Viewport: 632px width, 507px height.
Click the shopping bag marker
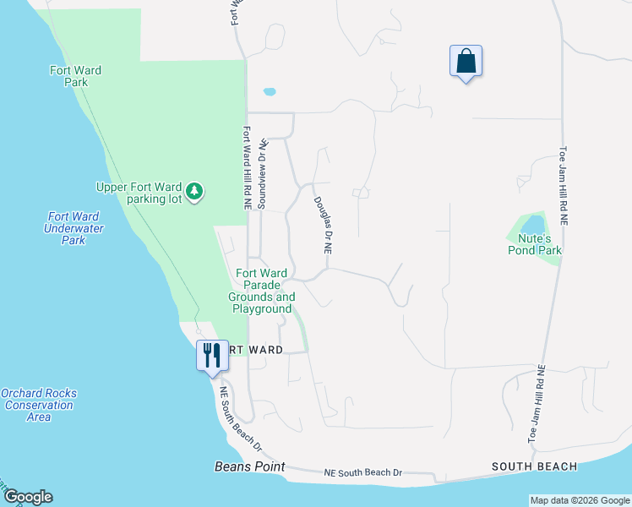pos(466,62)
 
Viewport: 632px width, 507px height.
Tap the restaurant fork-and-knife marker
pos(212,355)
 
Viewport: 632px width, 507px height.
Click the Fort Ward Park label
pos(75,77)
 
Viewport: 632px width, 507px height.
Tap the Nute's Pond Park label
pos(534,244)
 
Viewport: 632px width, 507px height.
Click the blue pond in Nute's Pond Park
pos(532,226)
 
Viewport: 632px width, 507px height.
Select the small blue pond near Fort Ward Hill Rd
pos(270,91)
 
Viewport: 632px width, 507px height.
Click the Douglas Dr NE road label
pos(322,226)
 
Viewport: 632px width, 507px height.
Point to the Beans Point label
pos(249,466)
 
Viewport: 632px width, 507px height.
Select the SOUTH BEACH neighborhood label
pos(535,466)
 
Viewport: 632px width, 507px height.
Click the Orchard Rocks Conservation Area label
pos(39,405)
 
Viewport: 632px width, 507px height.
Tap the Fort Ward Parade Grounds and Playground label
pos(262,291)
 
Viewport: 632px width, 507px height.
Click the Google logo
pos(27,497)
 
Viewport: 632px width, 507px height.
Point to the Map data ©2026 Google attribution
pos(579,500)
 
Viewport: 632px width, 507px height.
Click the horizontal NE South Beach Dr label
pos(362,473)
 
